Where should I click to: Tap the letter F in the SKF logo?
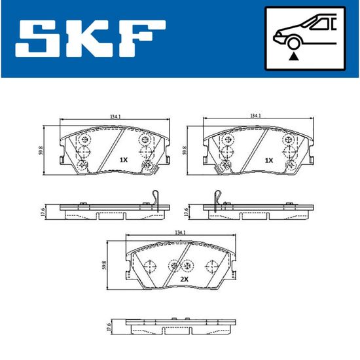click(x=141, y=39)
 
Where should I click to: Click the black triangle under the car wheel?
click(x=293, y=57)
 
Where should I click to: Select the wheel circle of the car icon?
click(x=293, y=43)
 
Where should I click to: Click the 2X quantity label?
click(x=184, y=279)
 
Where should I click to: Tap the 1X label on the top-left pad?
click(x=124, y=160)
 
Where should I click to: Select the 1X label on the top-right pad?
click(x=269, y=160)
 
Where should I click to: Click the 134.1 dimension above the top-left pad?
click(x=115, y=117)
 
